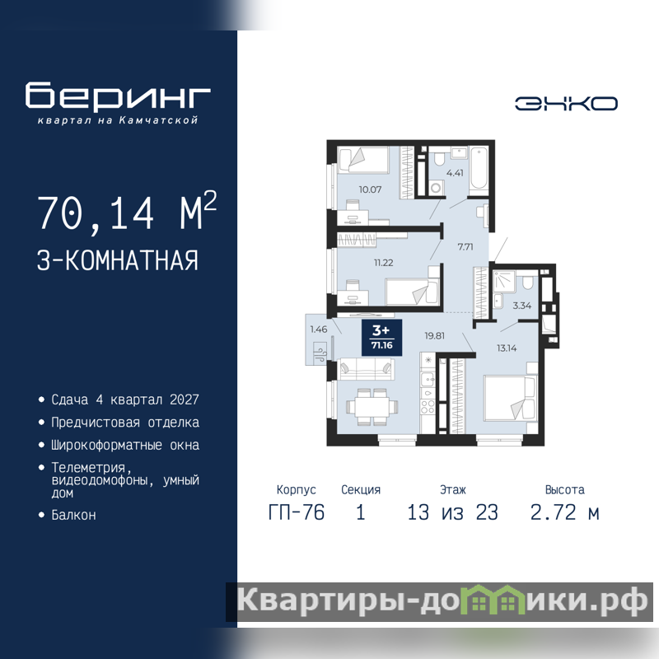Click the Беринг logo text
[118, 96]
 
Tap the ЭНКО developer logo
[566, 104]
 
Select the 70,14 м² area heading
[127, 212]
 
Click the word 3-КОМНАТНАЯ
[118, 260]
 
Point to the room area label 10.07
[370, 189]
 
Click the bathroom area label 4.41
[456, 173]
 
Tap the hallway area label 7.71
[465, 246]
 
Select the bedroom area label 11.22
[384, 263]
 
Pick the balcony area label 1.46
[319, 329]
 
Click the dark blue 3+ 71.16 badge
[382, 338]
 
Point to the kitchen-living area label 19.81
[435, 335]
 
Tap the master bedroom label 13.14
[507, 348]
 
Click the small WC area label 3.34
[522, 306]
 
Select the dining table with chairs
[372, 406]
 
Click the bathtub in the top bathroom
[479, 171]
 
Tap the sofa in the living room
[366, 368]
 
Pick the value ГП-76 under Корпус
[297, 512]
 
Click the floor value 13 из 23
[452, 512]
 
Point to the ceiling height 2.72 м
[564, 512]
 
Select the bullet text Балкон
[73, 515]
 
